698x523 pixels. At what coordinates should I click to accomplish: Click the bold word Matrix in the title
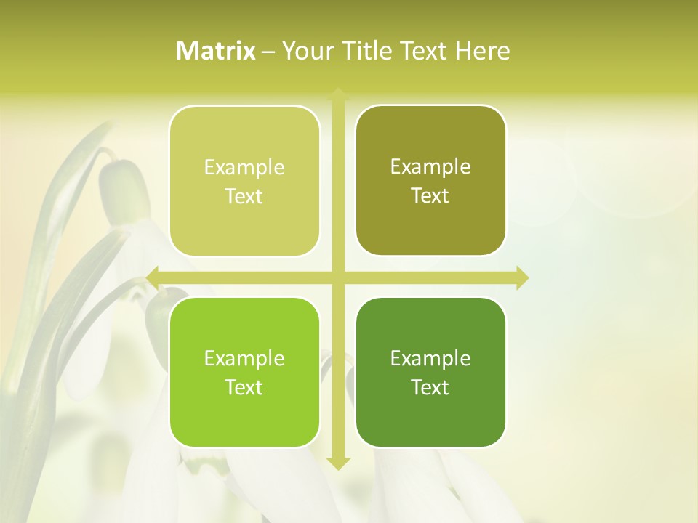point(216,51)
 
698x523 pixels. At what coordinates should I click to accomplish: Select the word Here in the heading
point(483,51)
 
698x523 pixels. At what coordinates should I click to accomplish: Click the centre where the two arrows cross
point(337,277)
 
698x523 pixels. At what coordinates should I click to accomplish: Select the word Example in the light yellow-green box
point(244,168)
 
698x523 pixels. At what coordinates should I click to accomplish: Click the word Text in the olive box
point(430,196)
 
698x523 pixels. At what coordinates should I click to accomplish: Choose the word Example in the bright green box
point(244,359)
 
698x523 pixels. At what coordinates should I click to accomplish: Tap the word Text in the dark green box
point(430,388)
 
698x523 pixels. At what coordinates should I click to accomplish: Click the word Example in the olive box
point(430,167)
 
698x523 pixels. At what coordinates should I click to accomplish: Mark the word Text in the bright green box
point(244,388)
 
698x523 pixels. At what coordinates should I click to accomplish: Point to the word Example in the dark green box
point(430,359)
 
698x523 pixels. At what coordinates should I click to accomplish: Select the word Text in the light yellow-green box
point(244,197)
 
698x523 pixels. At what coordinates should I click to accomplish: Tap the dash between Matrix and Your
point(268,52)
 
